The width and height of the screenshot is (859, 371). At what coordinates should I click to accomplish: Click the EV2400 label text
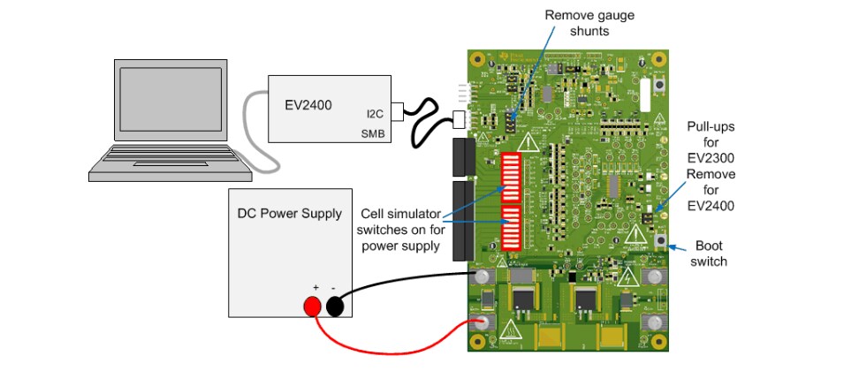pyautogui.click(x=308, y=105)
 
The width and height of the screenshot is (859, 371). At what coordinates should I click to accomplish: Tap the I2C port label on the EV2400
pyautogui.click(x=376, y=113)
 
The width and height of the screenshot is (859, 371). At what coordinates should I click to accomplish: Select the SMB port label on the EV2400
pyautogui.click(x=374, y=133)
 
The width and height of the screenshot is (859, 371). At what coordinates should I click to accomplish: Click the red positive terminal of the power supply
pyautogui.click(x=312, y=307)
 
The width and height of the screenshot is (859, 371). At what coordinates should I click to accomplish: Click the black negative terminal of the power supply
pyautogui.click(x=336, y=307)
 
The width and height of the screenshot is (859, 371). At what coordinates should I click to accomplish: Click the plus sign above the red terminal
pyautogui.click(x=315, y=287)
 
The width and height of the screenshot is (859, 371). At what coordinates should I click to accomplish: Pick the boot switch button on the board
pyautogui.click(x=659, y=240)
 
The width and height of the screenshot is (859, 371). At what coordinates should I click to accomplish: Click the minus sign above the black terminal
pyautogui.click(x=333, y=287)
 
